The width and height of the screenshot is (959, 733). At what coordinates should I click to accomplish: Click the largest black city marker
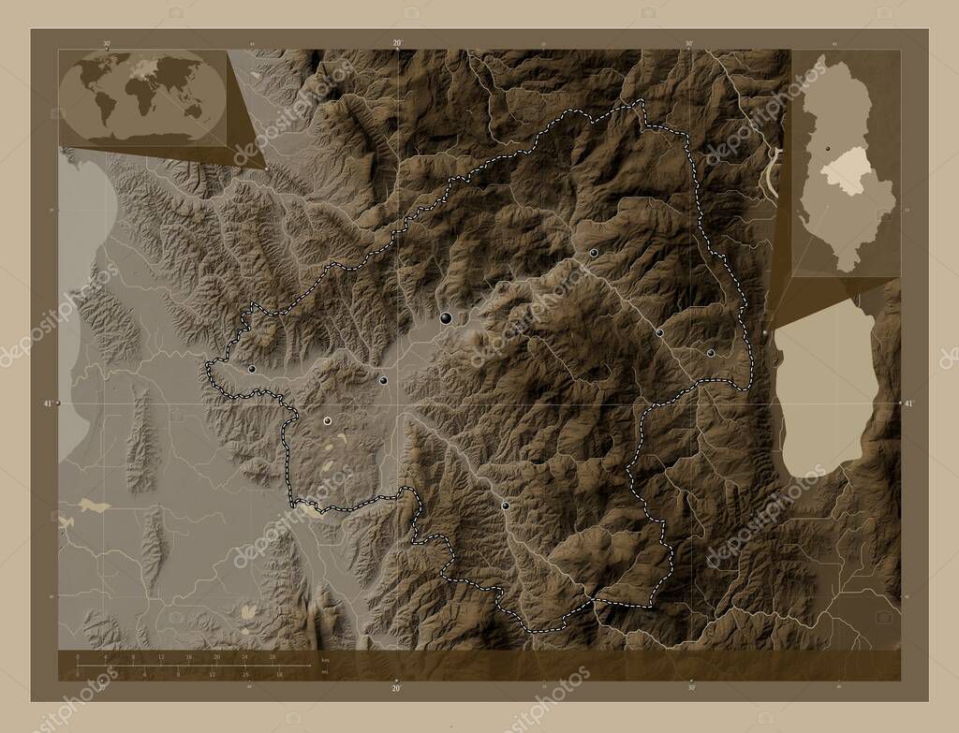point(446,318)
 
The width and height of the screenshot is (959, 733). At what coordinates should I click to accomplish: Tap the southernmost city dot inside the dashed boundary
point(506,505)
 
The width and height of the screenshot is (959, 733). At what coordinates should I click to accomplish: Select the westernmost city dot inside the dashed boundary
point(252,369)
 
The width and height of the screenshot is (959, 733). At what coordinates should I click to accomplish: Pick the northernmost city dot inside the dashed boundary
point(594,253)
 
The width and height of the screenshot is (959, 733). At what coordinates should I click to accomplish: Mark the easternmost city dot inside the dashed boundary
point(711,353)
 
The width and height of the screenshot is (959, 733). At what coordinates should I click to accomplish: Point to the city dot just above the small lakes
point(327,421)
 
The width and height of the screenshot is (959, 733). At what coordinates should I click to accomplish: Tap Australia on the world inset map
point(192,110)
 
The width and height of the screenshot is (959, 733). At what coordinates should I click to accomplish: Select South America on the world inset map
point(102,108)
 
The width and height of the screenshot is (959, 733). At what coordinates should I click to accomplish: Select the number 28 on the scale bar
point(273,658)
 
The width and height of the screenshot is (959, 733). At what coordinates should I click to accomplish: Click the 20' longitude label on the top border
point(397,43)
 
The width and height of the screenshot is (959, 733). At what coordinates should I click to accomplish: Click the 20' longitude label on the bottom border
point(397,688)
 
